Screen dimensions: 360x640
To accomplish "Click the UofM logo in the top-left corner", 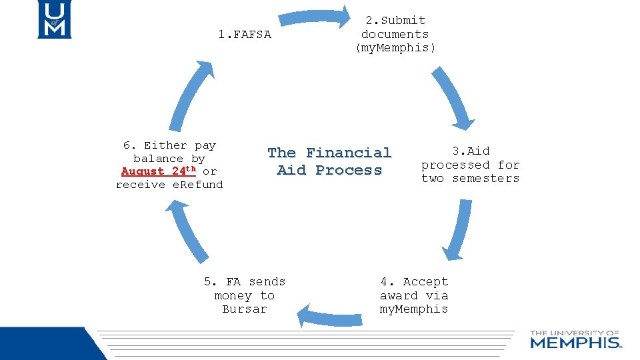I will coord(54,19).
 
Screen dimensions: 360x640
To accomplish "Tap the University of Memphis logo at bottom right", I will coord(575,339).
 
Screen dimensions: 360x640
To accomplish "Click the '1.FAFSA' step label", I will coord(245,35).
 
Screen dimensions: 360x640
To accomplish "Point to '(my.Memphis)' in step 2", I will coord(395,48).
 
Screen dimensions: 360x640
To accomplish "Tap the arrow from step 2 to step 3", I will coord(452,97).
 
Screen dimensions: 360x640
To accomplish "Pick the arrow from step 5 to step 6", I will coord(187,230).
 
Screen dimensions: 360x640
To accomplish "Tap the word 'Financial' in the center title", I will coord(348,153).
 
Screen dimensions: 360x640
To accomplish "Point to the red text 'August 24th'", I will coord(159,171).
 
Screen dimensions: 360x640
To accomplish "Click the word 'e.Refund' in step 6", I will coord(197,185).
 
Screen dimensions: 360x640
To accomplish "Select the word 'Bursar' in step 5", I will coord(245,309).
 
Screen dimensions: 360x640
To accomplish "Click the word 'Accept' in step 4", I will coord(425,282).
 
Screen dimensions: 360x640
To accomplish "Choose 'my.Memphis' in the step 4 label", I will coord(414,309).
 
